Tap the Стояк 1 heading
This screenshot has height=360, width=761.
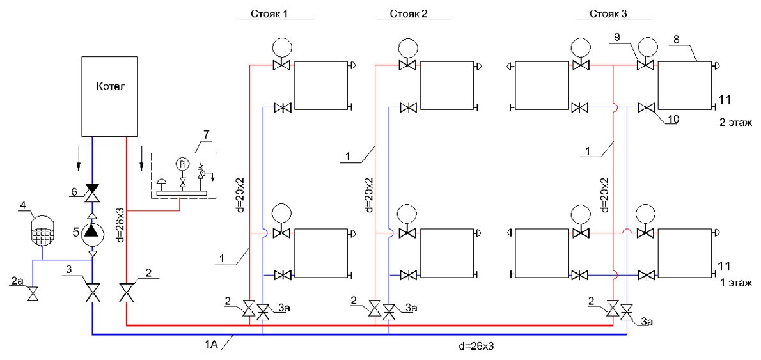(x=269, y=14)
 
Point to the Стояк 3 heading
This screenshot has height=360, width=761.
(x=609, y=14)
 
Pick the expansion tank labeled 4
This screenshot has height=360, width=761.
(x=41, y=230)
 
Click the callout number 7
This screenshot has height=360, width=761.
(x=207, y=135)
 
